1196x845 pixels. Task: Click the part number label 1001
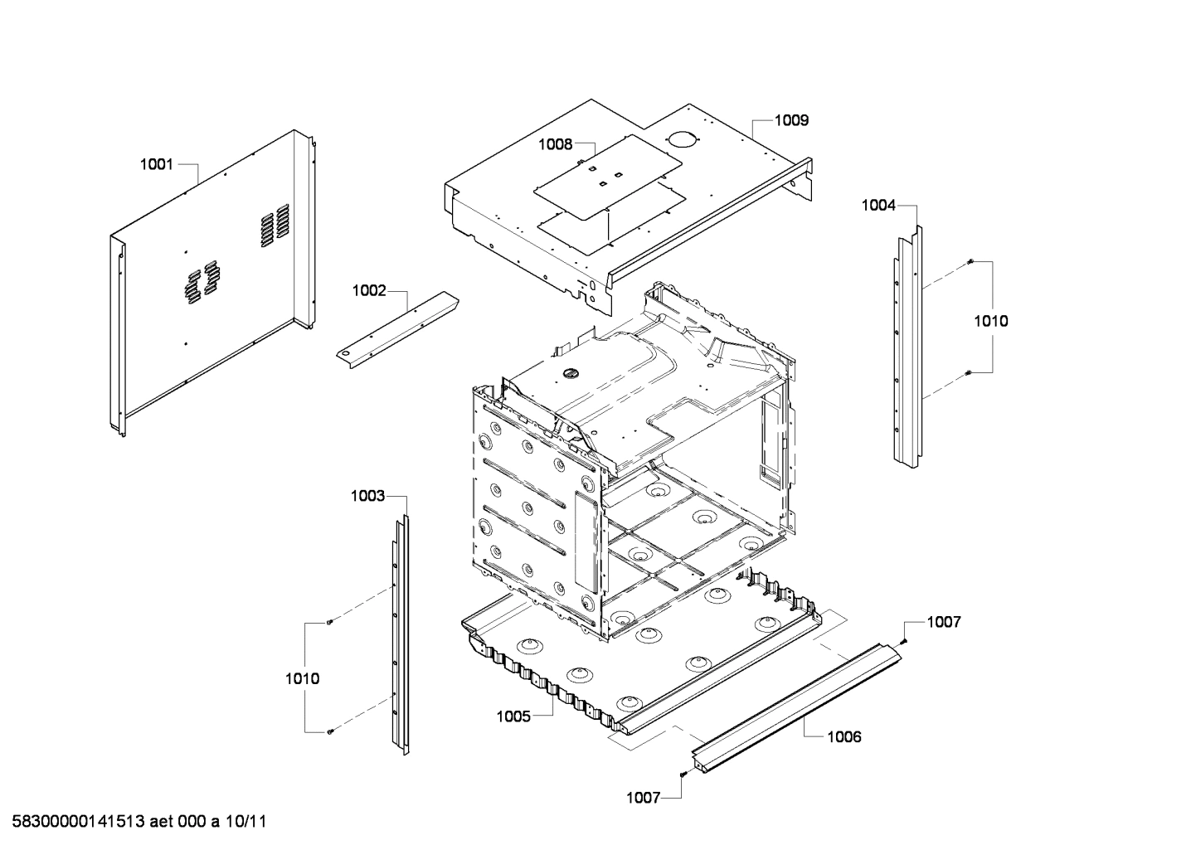point(156,164)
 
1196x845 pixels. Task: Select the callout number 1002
point(369,290)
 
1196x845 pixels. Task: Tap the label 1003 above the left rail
point(367,496)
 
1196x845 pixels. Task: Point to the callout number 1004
point(878,205)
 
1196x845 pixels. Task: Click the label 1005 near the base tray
point(513,716)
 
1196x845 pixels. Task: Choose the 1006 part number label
point(844,736)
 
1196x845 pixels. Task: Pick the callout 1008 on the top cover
point(555,144)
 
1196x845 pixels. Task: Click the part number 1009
point(791,120)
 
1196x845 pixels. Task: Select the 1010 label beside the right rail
point(991,321)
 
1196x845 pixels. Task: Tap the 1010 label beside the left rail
point(302,678)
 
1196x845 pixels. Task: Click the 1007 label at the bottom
point(643,798)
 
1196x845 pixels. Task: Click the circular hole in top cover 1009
point(681,139)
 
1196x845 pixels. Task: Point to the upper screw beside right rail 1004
point(969,263)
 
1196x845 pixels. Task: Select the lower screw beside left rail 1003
point(330,731)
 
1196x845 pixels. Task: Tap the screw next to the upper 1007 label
point(903,641)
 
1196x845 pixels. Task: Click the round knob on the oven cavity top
point(568,373)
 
